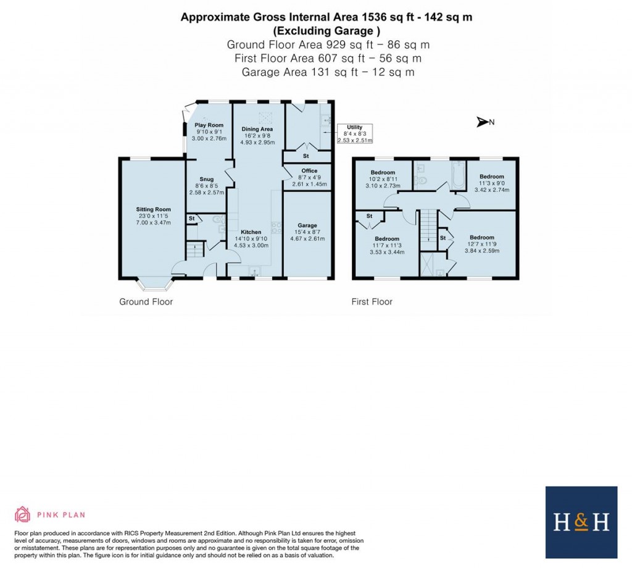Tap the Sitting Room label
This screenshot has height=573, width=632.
tap(153, 209)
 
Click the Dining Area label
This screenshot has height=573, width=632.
tap(257, 129)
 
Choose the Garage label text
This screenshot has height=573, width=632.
tap(307, 225)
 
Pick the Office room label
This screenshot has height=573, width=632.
tap(309, 170)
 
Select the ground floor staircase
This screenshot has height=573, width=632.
tap(195, 250)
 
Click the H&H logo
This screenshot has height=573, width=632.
tap(581, 522)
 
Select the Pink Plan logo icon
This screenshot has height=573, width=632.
tap(22, 514)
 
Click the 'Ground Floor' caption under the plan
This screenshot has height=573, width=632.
tap(146, 302)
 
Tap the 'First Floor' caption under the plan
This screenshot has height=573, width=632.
tap(372, 302)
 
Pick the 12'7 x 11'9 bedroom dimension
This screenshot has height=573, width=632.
tap(481, 244)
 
